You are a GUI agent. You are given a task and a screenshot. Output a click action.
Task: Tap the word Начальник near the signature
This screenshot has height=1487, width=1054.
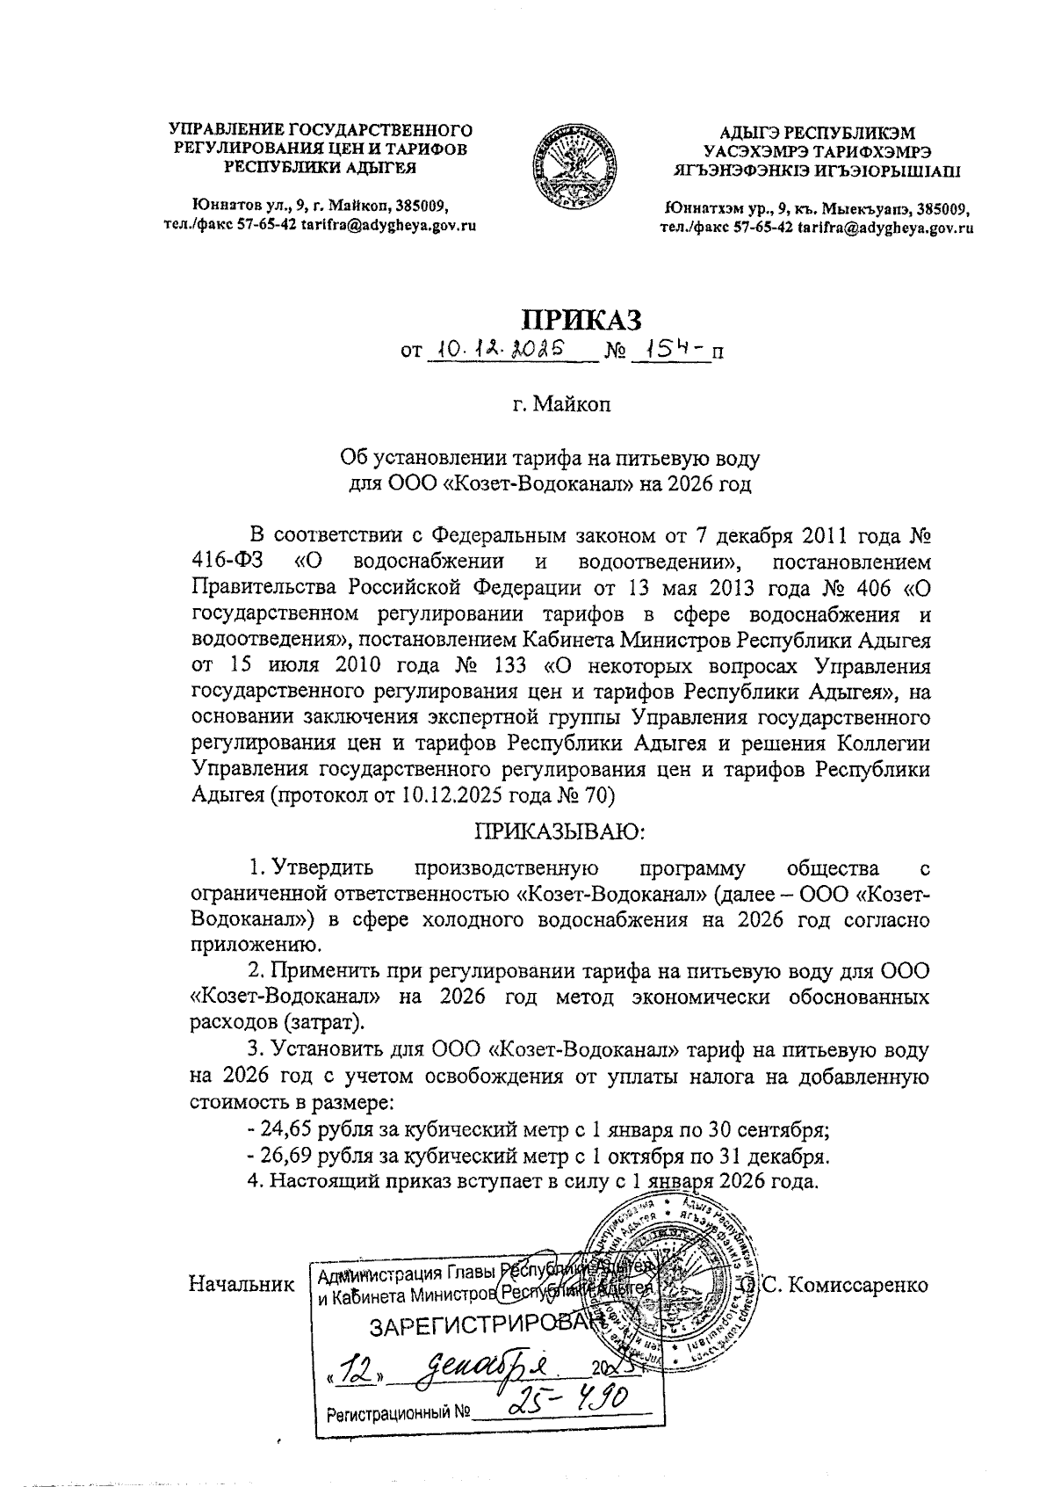point(242,1284)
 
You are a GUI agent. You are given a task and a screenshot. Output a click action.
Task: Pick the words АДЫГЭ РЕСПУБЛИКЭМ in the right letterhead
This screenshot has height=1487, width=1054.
point(817,134)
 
